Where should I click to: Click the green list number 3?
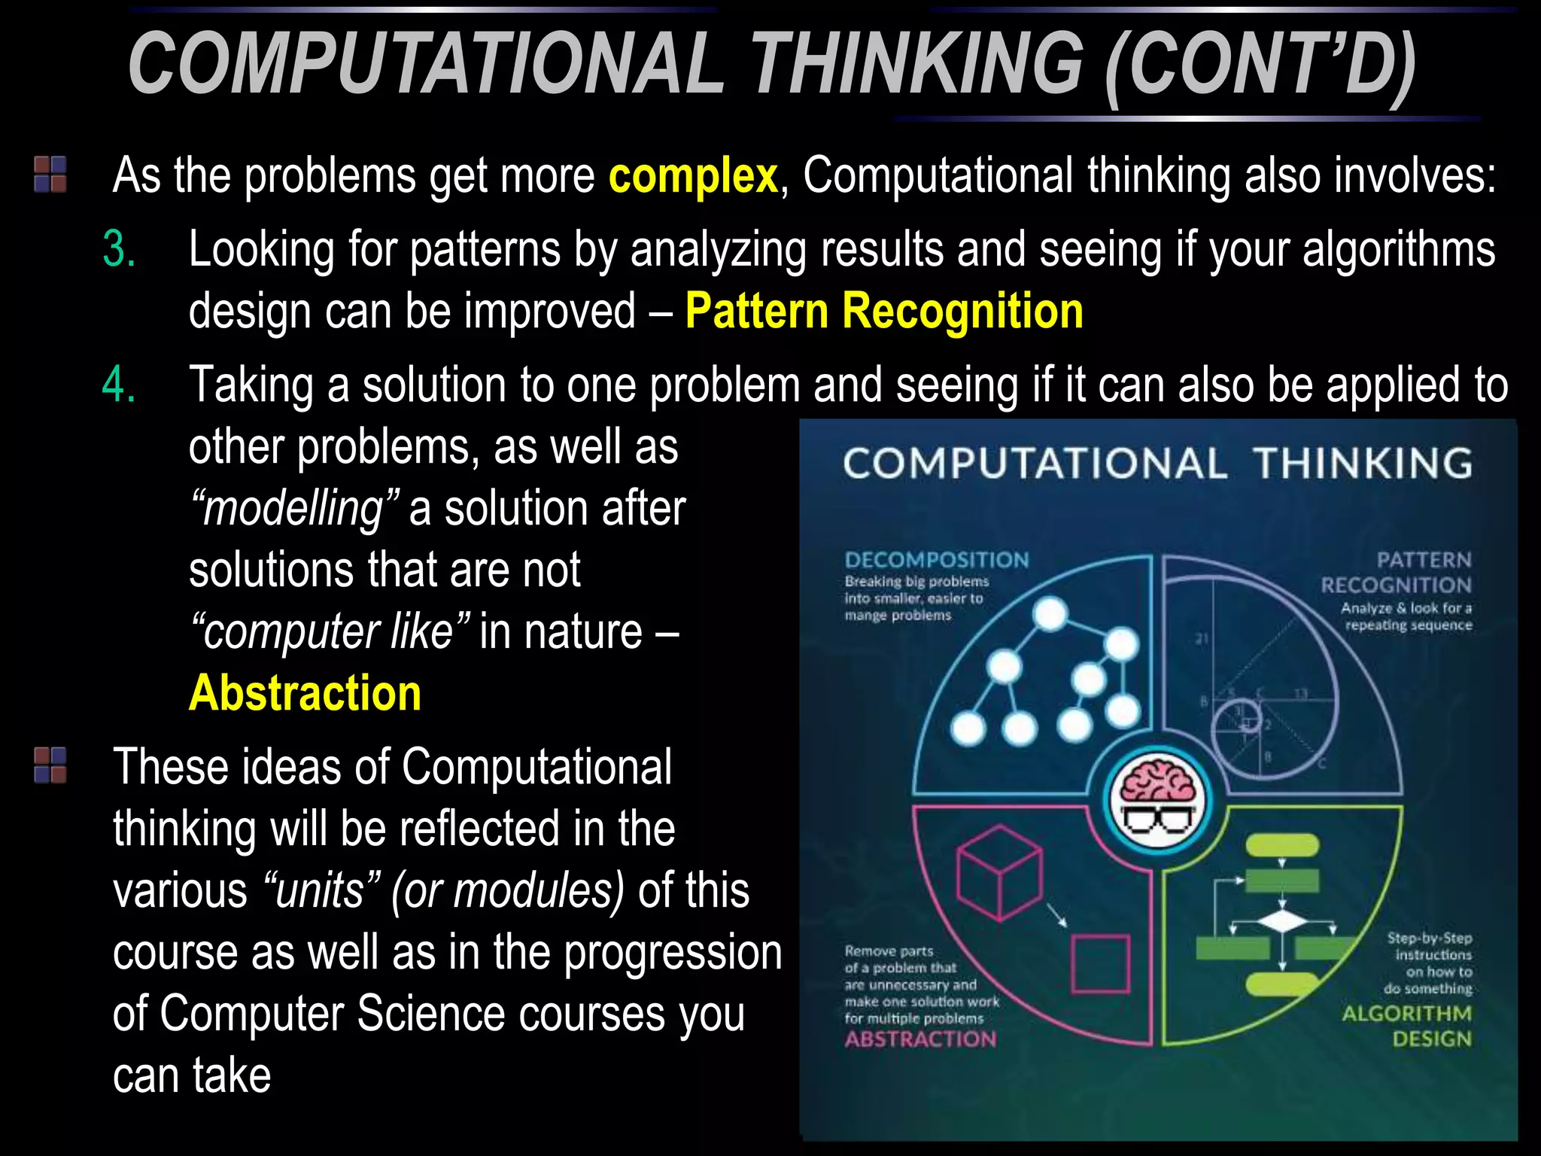[119, 249]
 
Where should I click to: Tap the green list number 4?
[119, 385]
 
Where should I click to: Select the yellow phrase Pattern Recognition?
[883, 311]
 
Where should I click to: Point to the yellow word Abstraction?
[305, 693]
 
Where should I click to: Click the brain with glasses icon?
[1157, 800]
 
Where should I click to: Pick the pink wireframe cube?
[999, 873]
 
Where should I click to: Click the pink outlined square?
[1100, 964]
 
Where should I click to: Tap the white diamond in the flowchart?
[1281, 923]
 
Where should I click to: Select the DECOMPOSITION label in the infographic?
[936, 560]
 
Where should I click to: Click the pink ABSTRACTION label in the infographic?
[920, 1039]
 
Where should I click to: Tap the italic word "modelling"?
[294, 509]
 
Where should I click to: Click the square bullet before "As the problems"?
[50, 174]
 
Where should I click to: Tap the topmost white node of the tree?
[1050, 614]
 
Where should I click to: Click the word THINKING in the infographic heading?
[1362, 464]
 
